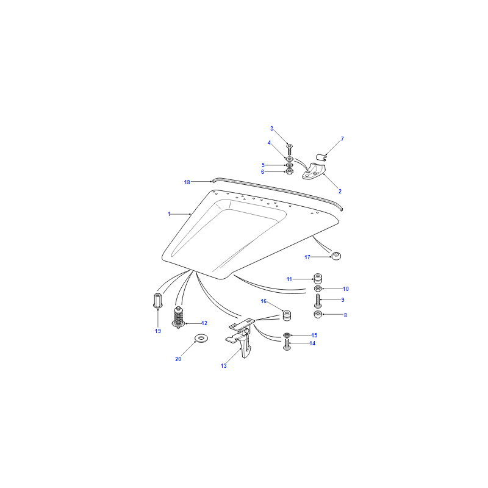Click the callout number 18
pyautogui.click(x=187, y=182)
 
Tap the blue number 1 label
pyautogui.click(x=169, y=214)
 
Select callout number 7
pyautogui.click(x=342, y=139)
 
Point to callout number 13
pyautogui.click(x=224, y=365)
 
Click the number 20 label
pyautogui.click(x=178, y=359)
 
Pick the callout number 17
pyautogui.click(x=307, y=257)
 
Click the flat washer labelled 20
pyautogui.click(x=201, y=338)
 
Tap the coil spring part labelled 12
pyautogui.click(x=178, y=317)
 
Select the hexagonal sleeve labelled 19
pyautogui.click(x=158, y=300)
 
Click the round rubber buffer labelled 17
pyautogui.click(x=336, y=256)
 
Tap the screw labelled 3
pyautogui.click(x=289, y=150)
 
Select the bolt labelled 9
pyautogui.click(x=318, y=301)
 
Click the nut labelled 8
pyautogui.click(x=318, y=314)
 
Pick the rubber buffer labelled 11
pyautogui.click(x=317, y=278)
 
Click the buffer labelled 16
pyautogui.click(x=287, y=315)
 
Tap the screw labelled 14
pyautogui.click(x=287, y=345)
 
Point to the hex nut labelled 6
pyautogui.click(x=289, y=171)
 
